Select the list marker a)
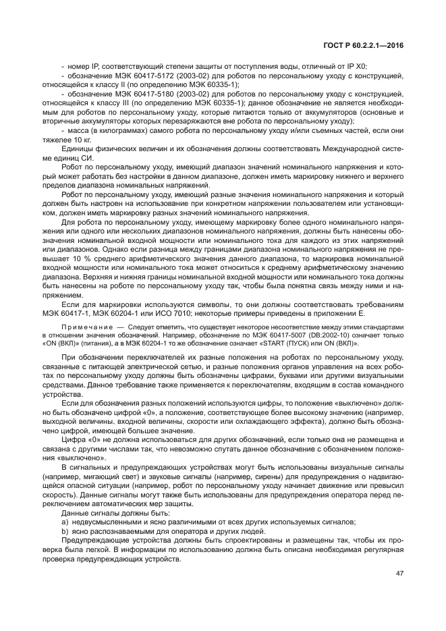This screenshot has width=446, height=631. coord(65,522)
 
